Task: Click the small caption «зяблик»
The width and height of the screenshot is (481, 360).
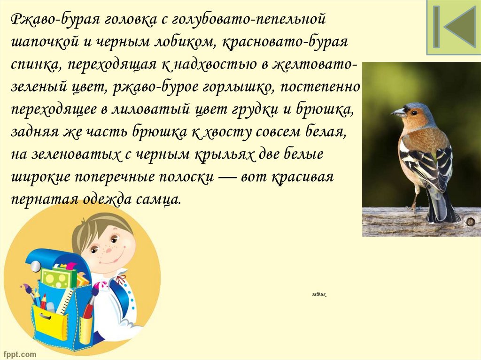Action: click(x=318, y=294)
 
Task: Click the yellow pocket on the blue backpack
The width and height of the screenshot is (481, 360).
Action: click(x=50, y=324)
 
